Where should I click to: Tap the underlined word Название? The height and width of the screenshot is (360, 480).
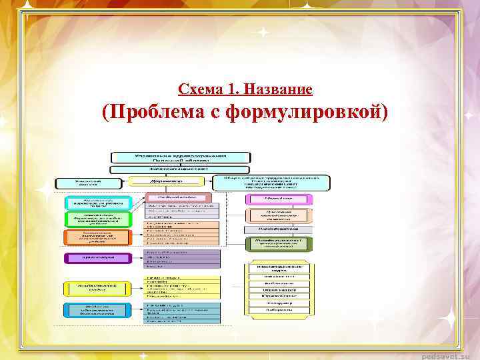click(281, 89)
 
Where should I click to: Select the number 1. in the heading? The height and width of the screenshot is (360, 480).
click(235, 89)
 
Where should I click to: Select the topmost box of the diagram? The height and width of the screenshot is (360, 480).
click(181, 157)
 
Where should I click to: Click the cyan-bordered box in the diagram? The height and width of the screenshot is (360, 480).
click(98, 203)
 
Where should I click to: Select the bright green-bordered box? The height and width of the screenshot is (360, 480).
click(98, 219)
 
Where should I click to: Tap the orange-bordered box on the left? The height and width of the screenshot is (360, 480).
click(98, 237)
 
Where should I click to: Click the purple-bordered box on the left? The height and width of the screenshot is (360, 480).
click(98, 257)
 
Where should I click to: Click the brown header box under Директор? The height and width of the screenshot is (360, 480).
click(178, 198)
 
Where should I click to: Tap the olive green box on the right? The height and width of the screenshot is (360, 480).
click(279, 244)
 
